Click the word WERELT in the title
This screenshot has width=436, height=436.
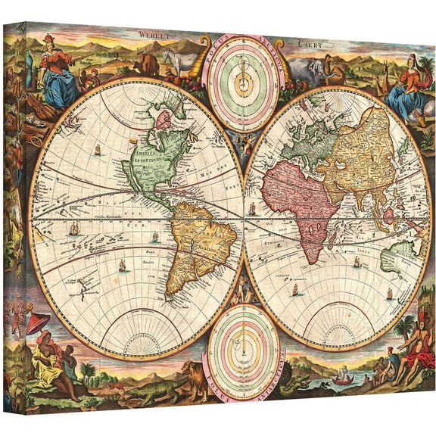pos(154,33)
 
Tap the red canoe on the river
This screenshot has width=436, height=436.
pos(345,378)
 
